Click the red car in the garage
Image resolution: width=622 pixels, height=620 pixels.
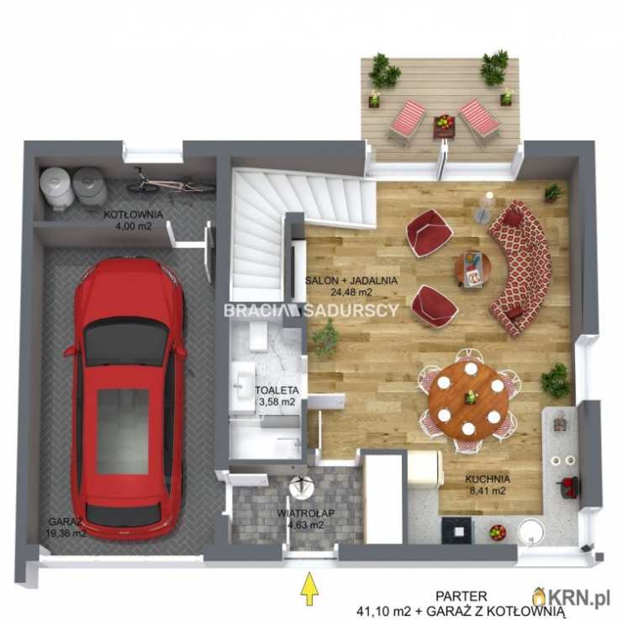[x=126, y=397]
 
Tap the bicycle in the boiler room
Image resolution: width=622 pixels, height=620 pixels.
[x=171, y=182]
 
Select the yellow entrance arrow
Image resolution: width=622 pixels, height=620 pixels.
[x=310, y=588]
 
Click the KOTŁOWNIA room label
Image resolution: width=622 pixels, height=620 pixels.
[x=134, y=215]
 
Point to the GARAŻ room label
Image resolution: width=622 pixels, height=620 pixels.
[x=66, y=522]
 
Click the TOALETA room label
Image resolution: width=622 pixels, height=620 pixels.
[x=277, y=390]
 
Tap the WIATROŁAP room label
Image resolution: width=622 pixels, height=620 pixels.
[x=305, y=513]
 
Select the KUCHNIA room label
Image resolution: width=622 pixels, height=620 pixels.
[x=488, y=480]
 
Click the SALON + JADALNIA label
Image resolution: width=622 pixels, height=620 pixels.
[x=351, y=281]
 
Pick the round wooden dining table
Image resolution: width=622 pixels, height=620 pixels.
[x=468, y=400]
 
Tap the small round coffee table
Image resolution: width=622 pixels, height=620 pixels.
[x=472, y=268]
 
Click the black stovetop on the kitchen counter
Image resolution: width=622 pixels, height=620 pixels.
[x=456, y=530]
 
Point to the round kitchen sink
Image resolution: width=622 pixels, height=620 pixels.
[x=531, y=532]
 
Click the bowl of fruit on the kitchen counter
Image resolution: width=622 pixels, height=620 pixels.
[x=498, y=532]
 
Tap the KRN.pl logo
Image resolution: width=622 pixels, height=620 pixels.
[x=571, y=597]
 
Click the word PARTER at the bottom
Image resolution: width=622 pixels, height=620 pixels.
[x=461, y=596]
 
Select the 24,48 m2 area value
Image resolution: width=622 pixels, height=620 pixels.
[x=351, y=293]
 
